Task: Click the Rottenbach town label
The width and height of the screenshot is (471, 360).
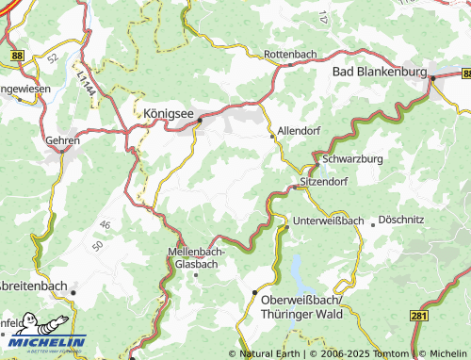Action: pyautogui.click(x=290, y=55)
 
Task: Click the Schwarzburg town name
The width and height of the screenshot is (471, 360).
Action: pyautogui.click(x=352, y=159)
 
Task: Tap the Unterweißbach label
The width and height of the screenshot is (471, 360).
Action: pyautogui.click(x=328, y=221)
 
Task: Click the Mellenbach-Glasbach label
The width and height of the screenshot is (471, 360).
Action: pyautogui.click(x=195, y=258)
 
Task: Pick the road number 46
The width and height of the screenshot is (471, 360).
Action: pyautogui.click(x=105, y=224)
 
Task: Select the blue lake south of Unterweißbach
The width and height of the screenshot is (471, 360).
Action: pyautogui.click(x=300, y=271)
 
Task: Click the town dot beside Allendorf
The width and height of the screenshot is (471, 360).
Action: pyautogui.click(x=273, y=139)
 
